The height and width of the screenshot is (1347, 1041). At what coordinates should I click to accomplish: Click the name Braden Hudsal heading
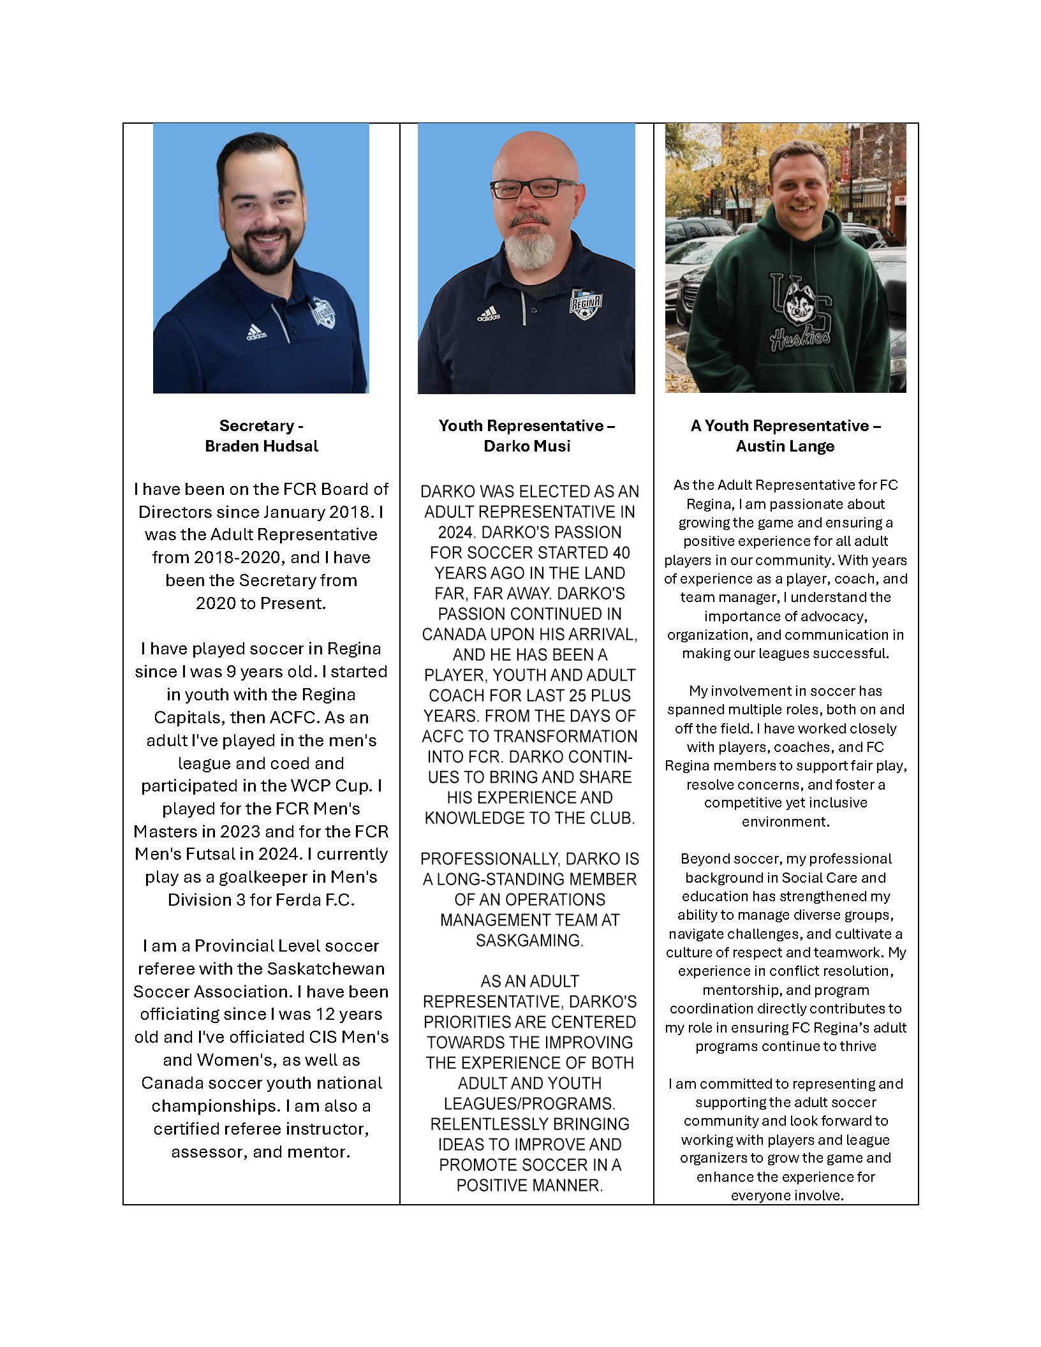[261, 446]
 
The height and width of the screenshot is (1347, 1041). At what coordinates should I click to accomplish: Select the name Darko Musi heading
[527, 446]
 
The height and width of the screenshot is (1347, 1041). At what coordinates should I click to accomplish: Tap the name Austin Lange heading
[785, 446]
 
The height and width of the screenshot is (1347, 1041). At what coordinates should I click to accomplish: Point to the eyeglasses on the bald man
[533, 188]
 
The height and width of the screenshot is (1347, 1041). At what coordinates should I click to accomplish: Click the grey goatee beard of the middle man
[530, 249]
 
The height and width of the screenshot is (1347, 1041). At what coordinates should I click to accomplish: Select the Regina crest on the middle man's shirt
[585, 304]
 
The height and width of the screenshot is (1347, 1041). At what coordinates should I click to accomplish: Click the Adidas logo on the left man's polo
[256, 332]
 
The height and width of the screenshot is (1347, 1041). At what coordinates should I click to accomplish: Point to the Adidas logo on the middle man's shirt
[489, 314]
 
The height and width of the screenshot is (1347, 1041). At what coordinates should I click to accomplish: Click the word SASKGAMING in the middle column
[529, 940]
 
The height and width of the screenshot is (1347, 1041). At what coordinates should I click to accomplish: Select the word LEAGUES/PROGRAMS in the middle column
[529, 1103]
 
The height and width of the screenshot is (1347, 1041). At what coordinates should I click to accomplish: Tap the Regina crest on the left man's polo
[323, 313]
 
